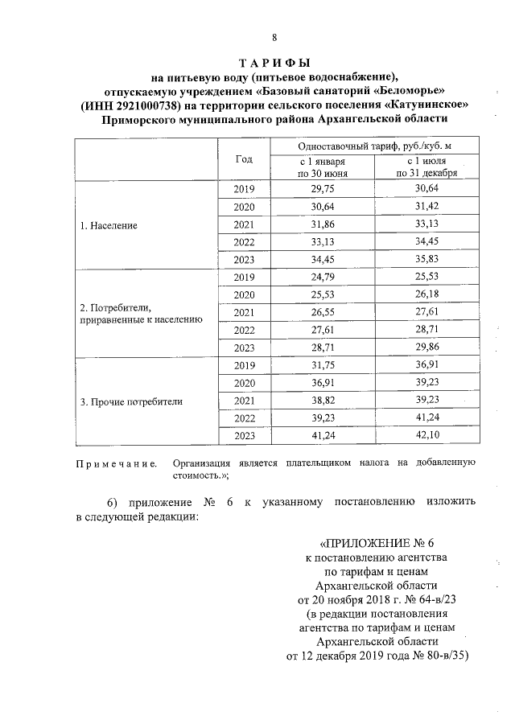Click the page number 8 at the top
[274, 38]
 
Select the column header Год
[244, 158]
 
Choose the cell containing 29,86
[426, 348]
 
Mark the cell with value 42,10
[426, 435]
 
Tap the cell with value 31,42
[426, 207]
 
